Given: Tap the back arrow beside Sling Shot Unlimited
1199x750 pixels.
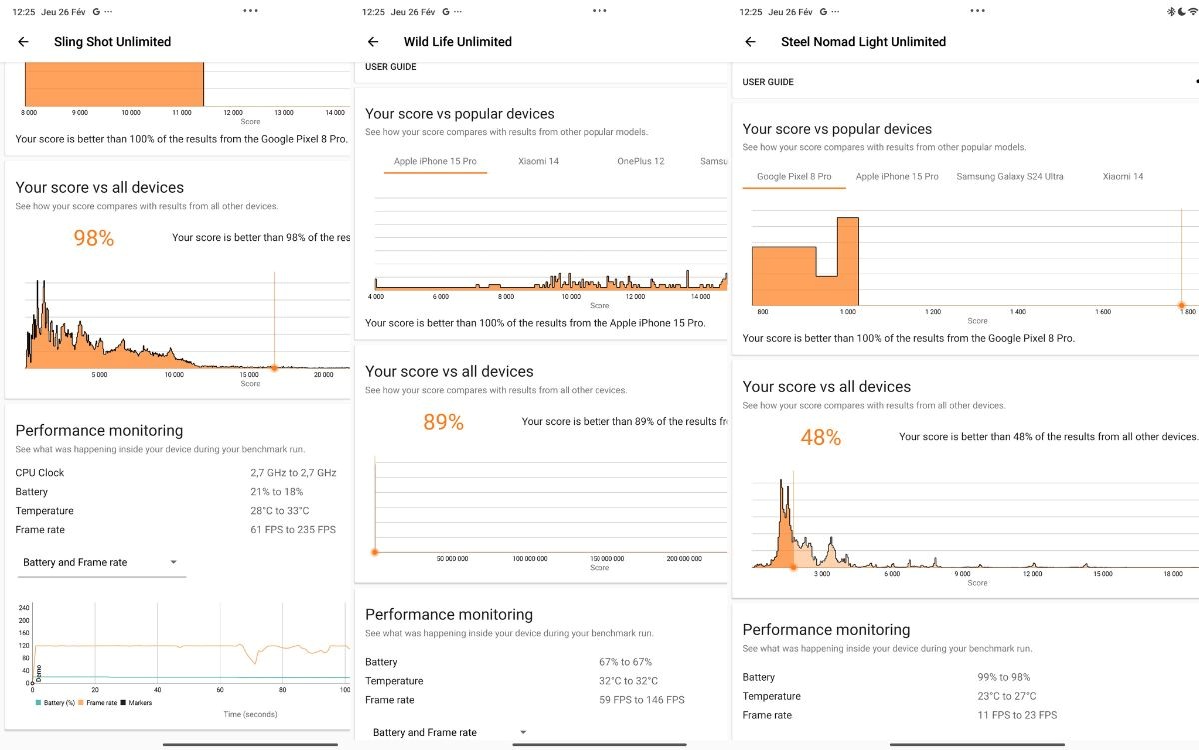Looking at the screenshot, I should (x=24, y=42).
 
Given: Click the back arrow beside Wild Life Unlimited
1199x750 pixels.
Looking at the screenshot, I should (x=373, y=42).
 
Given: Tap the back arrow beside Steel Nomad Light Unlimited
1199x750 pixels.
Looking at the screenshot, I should (x=750, y=42).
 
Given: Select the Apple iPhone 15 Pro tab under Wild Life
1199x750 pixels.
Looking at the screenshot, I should (x=435, y=161).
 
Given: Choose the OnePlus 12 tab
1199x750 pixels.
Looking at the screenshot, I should (x=640, y=161).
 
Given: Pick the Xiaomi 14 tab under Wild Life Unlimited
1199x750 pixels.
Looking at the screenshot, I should (x=538, y=161).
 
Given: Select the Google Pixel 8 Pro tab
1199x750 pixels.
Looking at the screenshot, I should (x=794, y=176).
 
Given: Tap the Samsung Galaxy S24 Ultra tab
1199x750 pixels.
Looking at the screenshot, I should (x=1009, y=176).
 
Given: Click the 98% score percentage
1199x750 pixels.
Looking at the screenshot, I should (x=94, y=238).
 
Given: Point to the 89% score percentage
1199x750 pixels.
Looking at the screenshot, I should (x=443, y=422).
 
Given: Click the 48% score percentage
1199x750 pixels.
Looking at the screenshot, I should (x=820, y=437).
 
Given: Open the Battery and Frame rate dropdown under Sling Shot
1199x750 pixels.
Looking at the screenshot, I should (x=100, y=562).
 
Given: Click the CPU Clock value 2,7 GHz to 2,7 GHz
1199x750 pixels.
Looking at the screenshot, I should (x=293, y=472).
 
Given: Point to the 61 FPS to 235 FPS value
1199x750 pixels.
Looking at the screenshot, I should (x=293, y=530).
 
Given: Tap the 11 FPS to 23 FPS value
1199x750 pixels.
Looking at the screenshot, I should (x=1017, y=715).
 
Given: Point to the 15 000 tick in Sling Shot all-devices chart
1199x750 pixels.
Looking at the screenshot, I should (x=249, y=375).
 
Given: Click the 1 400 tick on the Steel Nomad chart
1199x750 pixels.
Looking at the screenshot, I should (x=1017, y=312).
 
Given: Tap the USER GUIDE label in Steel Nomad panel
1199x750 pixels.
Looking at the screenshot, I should (x=768, y=82).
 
